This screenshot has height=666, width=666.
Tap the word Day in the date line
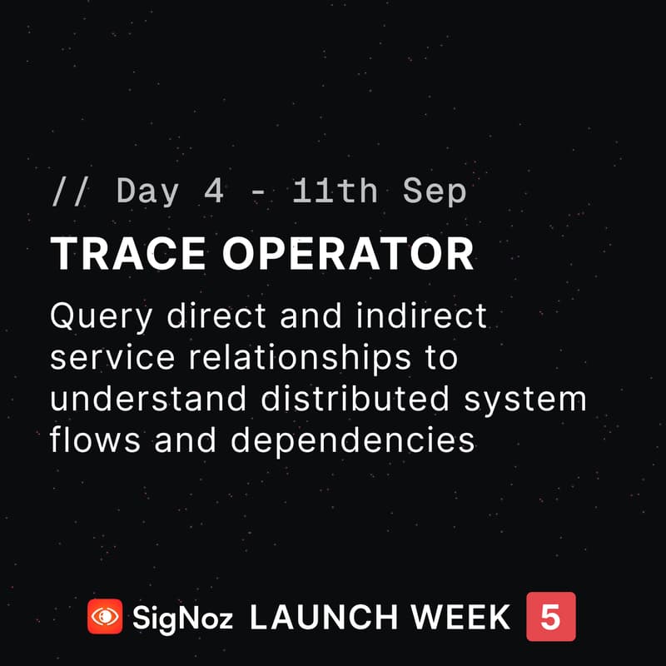click(x=148, y=192)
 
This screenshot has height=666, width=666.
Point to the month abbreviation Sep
click(x=435, y=192)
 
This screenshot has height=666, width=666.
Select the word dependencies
click(x=352, y=440)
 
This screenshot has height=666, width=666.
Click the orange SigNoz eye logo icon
click(x=105, y=617)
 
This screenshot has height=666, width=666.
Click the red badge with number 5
click(x=550, y=617)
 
